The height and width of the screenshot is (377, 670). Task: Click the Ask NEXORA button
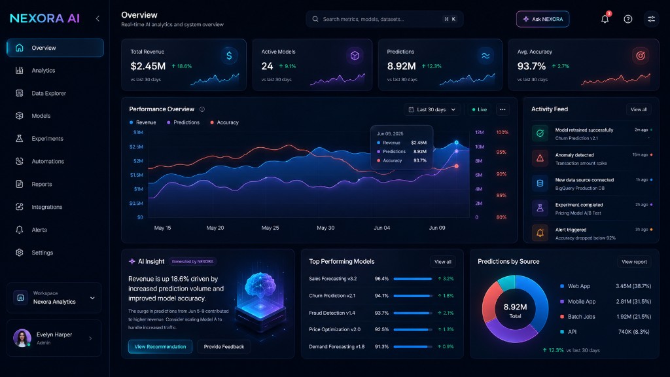point(542,19)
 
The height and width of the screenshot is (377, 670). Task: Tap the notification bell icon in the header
point(605,19)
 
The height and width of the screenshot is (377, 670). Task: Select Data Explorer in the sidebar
point(48,93)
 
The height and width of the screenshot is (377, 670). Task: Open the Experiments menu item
point(47,139)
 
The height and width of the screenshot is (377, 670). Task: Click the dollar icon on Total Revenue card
point(229,56)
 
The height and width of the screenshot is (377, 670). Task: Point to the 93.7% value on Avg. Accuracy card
point(531,66)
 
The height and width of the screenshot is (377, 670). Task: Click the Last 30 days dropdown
point(432,109)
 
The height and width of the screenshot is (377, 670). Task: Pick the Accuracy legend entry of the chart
point(224,122)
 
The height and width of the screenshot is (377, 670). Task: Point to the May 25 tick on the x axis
point(270,228)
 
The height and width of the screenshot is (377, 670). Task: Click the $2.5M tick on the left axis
point(136,147)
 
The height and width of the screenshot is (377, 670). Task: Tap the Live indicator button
point(480,109)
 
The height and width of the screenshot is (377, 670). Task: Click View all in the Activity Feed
point(639,109)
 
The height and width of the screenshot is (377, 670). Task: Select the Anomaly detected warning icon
point(540,158)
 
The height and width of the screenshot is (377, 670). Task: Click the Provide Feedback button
point(224,347)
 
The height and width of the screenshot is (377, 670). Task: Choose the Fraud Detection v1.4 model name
point(332,313)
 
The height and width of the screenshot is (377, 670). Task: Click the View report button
point(634,262)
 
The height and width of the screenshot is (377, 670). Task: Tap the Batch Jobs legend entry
point(578,317)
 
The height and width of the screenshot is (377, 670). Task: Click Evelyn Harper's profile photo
point(22,338)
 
